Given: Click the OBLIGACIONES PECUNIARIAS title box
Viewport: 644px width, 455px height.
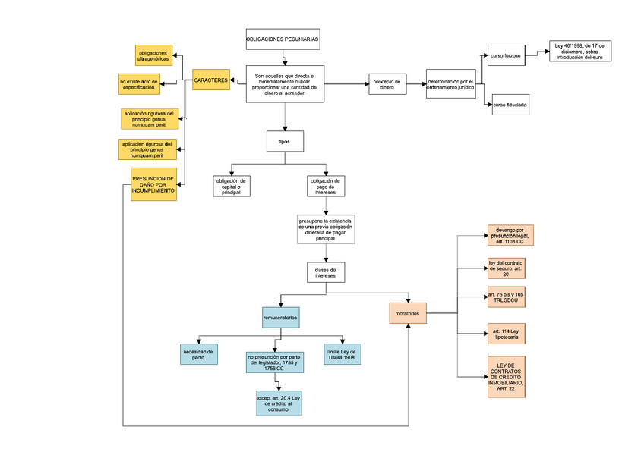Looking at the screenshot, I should click(x=283, y=38).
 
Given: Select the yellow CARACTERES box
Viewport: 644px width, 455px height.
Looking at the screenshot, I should click(x=210, y=80).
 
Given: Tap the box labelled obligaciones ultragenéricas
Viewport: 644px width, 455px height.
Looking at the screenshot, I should click(x=153, y=55).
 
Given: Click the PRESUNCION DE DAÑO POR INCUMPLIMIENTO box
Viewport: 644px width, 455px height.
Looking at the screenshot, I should click(x=153, y=184).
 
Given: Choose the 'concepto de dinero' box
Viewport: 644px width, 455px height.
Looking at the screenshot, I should click(x=387, y=84).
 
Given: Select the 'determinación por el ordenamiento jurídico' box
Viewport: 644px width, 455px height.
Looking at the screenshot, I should click(x=450, y=84).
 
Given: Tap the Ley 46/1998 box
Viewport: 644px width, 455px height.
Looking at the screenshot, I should click(x=579, y=51).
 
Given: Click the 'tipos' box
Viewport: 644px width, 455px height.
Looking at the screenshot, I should click(x=285, y=142).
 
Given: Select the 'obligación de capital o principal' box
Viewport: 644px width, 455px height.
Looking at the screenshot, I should click(x=231, y=186).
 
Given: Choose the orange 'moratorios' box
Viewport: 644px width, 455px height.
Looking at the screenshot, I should click(x=407, y=313).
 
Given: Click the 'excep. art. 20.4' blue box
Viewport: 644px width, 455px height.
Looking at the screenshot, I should click(x=279, y=403).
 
